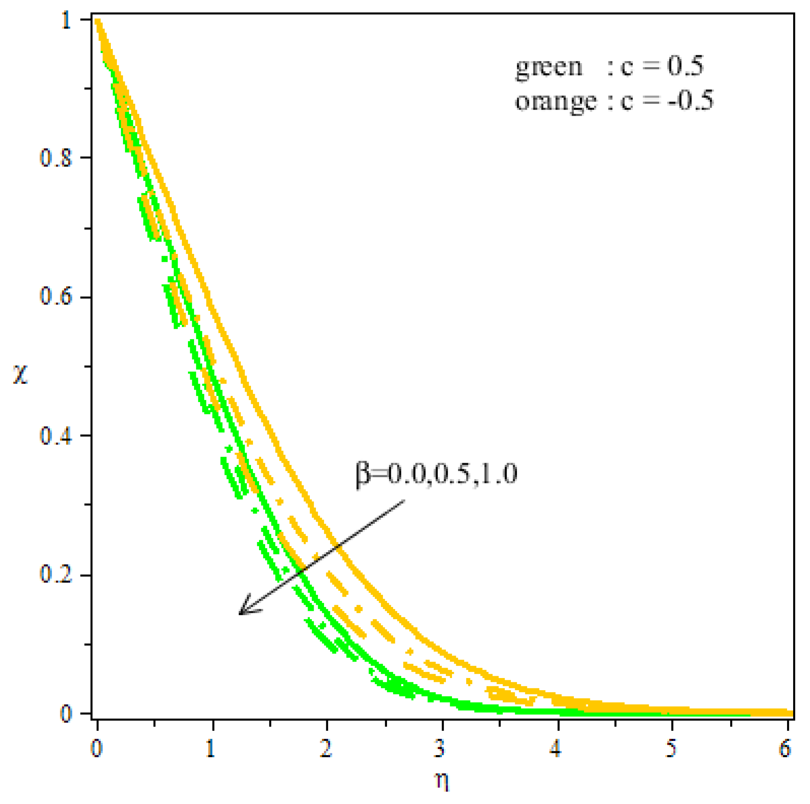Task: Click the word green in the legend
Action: (549, 67)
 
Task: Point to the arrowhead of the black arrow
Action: (241, 613)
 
